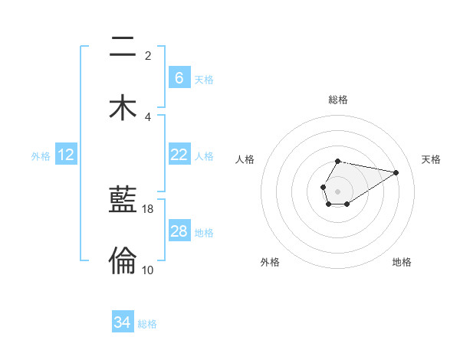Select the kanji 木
point(123,106)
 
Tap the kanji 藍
point(123,201)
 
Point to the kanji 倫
point(123,260)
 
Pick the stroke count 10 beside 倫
point(148,270)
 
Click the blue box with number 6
point(179,77)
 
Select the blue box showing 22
point(179,155)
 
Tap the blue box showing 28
point(179,231)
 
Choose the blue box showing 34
point(123,322)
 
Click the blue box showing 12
point(66,155)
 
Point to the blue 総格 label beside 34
point(147,324)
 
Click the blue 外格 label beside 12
point(41,156)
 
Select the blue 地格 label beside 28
point(204,233)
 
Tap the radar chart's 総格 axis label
point(338,100)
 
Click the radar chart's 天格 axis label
point(431,159)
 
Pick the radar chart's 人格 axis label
point(245,159)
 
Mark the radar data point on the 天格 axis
point(396,172)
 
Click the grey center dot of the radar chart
point(337,190)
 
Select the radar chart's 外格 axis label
point(270,263)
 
